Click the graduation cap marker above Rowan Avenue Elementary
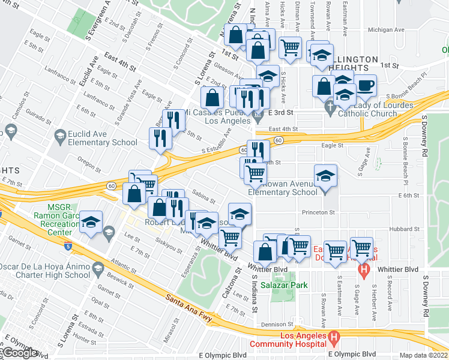(x=325, y=175)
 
